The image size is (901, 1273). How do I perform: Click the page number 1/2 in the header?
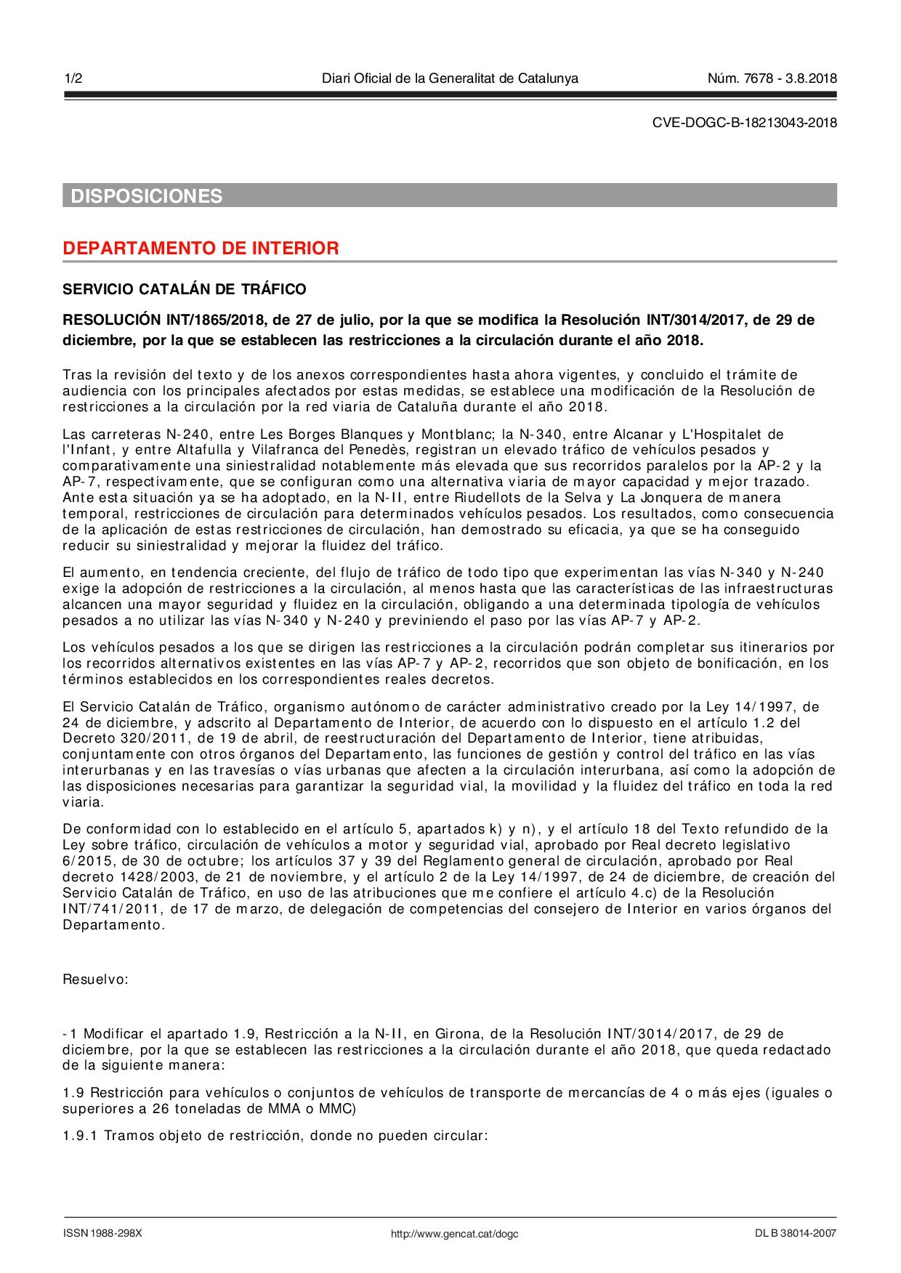[x=73, y=78]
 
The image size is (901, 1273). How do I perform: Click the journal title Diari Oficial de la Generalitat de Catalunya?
[x=450, y=78]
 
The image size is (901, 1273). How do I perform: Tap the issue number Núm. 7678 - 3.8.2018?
[x=772, y=78]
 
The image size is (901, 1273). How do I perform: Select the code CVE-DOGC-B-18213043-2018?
[x=744, y=123]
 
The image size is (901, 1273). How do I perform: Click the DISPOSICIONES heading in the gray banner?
[x=146, y=196]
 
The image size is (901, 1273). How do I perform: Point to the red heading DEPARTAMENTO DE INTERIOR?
[x=201, y=248]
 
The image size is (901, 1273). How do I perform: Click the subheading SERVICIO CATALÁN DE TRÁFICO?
[x=185, y=289]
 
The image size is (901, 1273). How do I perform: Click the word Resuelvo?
[x=95, y=979]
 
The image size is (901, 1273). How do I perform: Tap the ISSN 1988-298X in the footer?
[x=102, y=1233]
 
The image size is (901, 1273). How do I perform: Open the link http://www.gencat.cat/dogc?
[x=454, y=1234]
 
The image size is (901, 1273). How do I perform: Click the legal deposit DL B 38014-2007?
[x=796, y=1233]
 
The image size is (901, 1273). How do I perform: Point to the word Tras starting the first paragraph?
[x=77, y=375]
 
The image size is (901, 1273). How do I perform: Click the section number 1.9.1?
[x=80, y=1136]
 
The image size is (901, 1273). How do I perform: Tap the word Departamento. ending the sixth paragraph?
[x=113, y=925]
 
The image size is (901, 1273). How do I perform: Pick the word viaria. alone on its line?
[x=83, y=802]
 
